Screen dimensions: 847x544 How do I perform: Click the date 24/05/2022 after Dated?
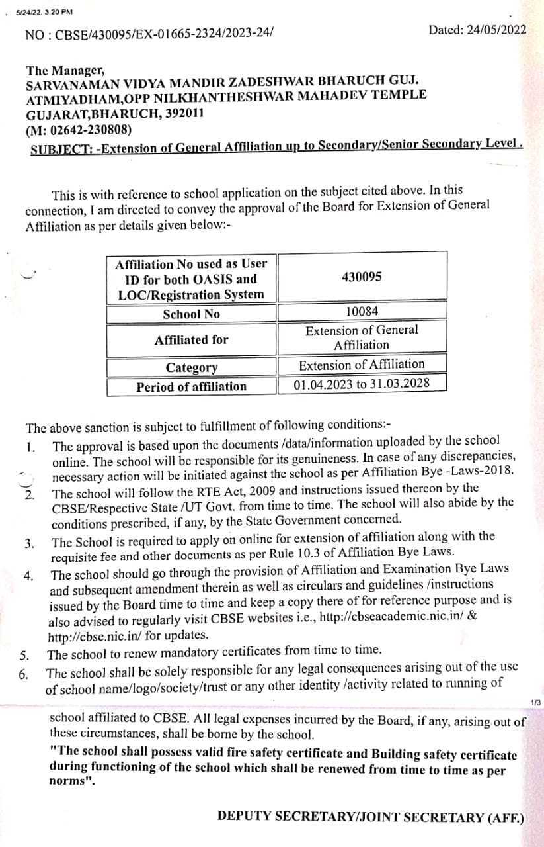coord(494,30)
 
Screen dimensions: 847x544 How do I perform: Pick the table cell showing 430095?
coord(362,277)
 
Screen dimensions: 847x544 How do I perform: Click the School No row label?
coord(191,314)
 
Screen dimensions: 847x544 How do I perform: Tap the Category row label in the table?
coord(191,367)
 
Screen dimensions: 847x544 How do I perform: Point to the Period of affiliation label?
coord(191,386)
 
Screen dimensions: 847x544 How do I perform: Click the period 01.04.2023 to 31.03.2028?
coord(362,384)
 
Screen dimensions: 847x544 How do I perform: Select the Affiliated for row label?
coord(191,340)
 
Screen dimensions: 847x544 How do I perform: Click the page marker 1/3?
coord(535,702)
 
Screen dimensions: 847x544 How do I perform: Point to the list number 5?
coord(24,656)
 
